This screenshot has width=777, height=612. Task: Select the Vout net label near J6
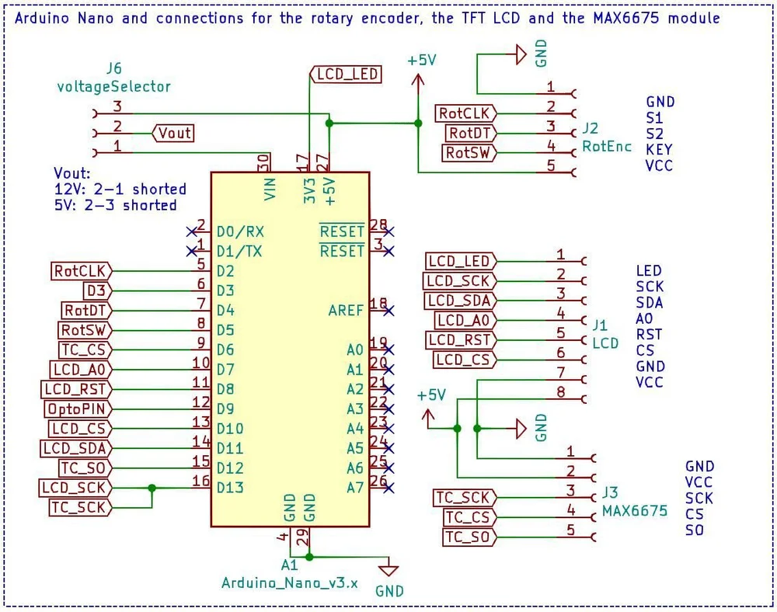175,133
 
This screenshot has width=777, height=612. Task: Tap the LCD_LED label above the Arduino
347,74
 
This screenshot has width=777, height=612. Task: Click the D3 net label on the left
96,290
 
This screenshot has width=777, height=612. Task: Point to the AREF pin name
346,311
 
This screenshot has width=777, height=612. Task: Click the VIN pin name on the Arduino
270,189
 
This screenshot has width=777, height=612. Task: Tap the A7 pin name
355,488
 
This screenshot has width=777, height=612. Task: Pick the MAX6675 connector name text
634,511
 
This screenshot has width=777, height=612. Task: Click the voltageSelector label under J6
113,86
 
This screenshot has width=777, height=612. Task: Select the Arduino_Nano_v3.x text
289,582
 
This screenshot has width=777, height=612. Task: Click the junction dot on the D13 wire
152,488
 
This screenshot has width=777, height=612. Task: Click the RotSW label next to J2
469,153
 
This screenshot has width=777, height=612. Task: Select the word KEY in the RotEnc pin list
659,149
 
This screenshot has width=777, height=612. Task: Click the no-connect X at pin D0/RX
191,231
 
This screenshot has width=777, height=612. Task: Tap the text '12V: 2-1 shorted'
120,190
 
